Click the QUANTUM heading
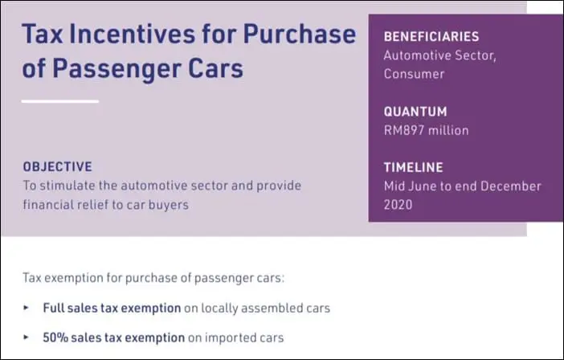(415, 112)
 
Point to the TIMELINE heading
(414, 167)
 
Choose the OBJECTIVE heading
(57, 167)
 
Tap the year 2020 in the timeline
(398, 204)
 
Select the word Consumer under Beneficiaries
(414, 74)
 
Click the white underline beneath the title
(60, 101)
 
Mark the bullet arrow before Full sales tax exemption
(26, 308)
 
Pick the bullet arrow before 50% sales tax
(26, 337)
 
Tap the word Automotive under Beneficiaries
(418, 55)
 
